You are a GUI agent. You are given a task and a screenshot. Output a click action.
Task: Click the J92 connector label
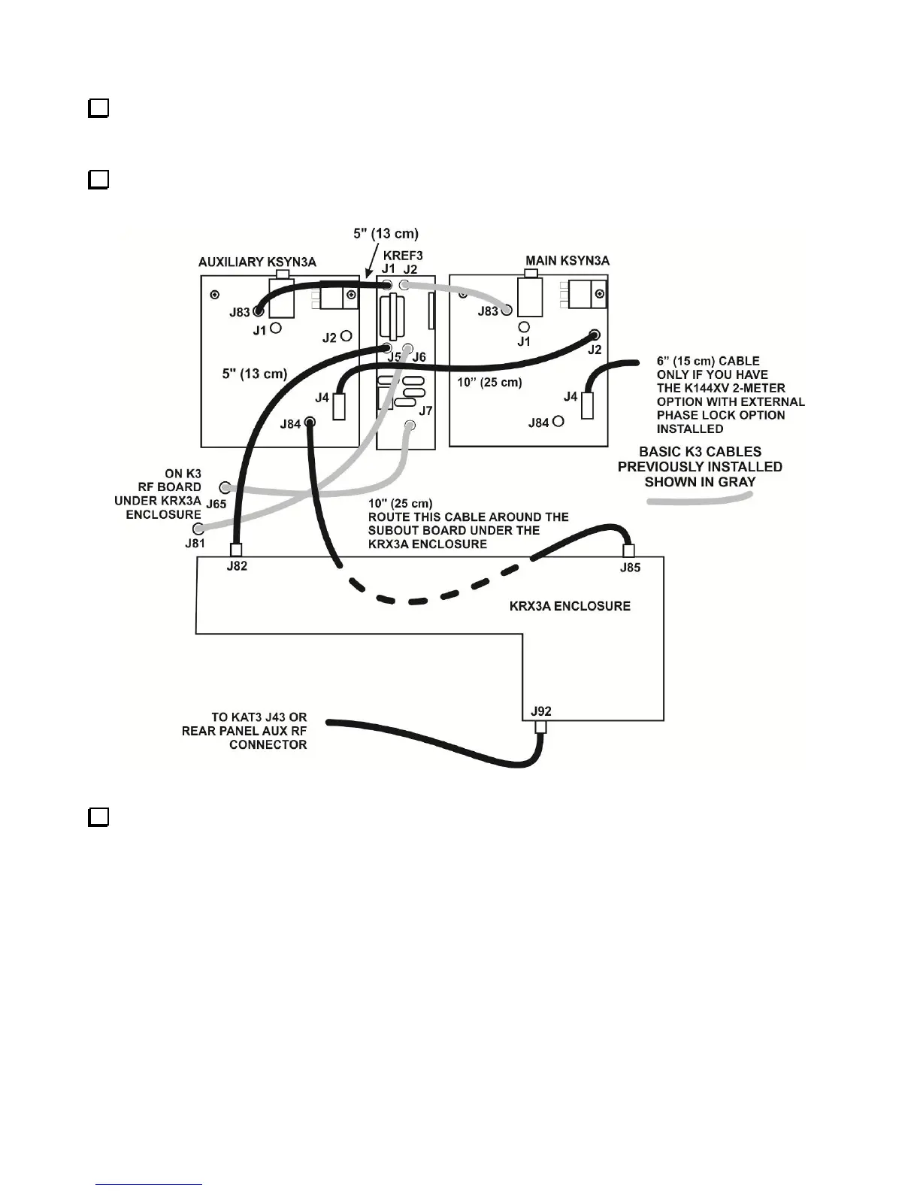[540, 711]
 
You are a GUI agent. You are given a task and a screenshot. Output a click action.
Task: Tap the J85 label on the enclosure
[630, 568]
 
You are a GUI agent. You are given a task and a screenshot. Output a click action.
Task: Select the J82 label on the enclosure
[237, 566]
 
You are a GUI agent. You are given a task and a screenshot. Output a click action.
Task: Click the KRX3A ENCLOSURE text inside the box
[570, 606]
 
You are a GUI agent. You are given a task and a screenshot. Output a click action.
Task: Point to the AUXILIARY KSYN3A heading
[257, 262]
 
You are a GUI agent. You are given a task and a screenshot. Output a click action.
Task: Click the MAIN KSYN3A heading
[567, 261]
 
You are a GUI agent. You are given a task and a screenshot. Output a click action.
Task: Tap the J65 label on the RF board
[216, 504]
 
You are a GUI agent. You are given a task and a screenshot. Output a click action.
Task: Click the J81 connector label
[195, 543]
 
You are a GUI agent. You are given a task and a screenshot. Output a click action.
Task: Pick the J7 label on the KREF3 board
[425, 411]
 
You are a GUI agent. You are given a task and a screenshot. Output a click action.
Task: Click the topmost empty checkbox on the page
[98, 108]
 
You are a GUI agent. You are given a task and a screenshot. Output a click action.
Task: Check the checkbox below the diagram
[98, 817]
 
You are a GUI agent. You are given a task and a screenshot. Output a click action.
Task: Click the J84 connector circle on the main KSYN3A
[558, 422]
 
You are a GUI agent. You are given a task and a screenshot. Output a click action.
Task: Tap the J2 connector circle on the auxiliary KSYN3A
[347, 336]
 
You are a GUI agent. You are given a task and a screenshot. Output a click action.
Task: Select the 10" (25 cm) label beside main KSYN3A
[489, 382]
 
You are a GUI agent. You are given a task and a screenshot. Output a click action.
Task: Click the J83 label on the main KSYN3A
[489, 311]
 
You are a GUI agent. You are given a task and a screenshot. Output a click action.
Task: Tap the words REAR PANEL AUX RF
[244, 731]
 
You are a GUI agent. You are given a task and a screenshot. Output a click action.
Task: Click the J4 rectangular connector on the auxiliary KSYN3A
[339, 406]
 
